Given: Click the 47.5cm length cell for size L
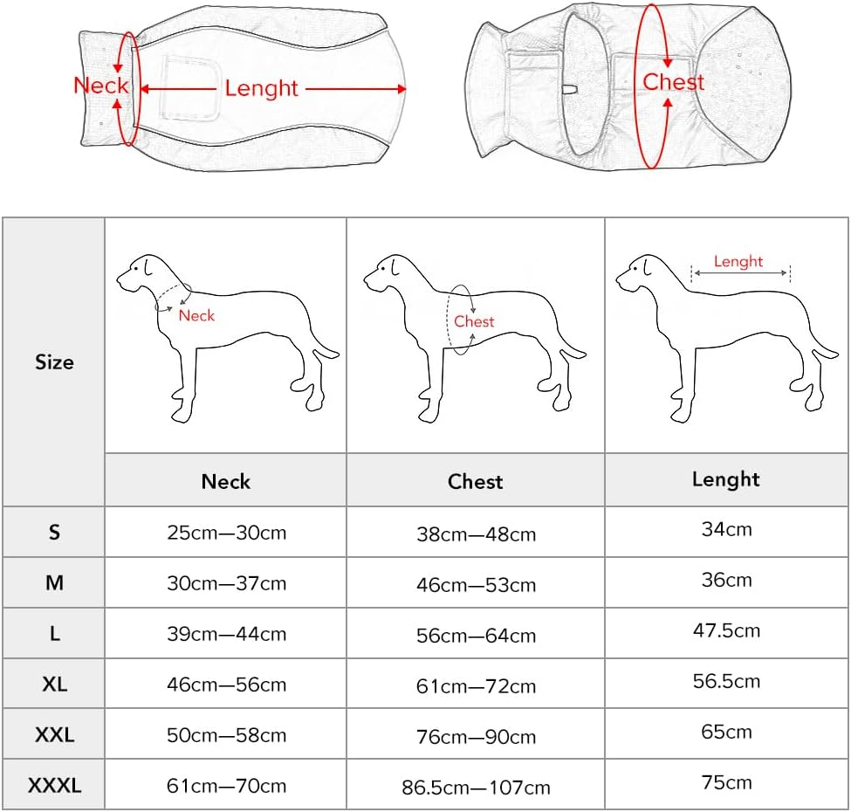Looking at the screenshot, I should (726, 630).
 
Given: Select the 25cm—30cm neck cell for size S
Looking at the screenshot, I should (226, 532).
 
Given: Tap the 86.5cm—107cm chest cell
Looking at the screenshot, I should (476, 788).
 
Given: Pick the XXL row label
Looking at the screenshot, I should (54, 735).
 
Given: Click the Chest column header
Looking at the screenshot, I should (476, 481).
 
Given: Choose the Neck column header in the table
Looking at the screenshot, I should (226, 481).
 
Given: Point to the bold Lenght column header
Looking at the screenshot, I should (726, 478).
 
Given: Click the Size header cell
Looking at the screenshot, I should (54, 361).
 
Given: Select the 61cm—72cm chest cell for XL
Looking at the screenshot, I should (476, 686).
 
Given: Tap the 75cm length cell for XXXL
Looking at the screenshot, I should (726, 782).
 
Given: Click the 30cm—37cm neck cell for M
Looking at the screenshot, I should (226, 582).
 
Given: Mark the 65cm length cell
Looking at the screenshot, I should (726, 732).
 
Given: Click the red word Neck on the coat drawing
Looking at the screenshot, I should (100, 86).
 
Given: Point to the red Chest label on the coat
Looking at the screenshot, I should (673, 82).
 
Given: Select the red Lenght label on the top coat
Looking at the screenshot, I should (261, 88).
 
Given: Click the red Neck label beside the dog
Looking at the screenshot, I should (196, 315).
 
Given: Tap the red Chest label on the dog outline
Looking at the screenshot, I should (474, 321).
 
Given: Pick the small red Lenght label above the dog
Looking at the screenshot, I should (738, 261).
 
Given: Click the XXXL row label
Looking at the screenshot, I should (54, 786).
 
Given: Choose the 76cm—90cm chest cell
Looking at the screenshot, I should (476, 737).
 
